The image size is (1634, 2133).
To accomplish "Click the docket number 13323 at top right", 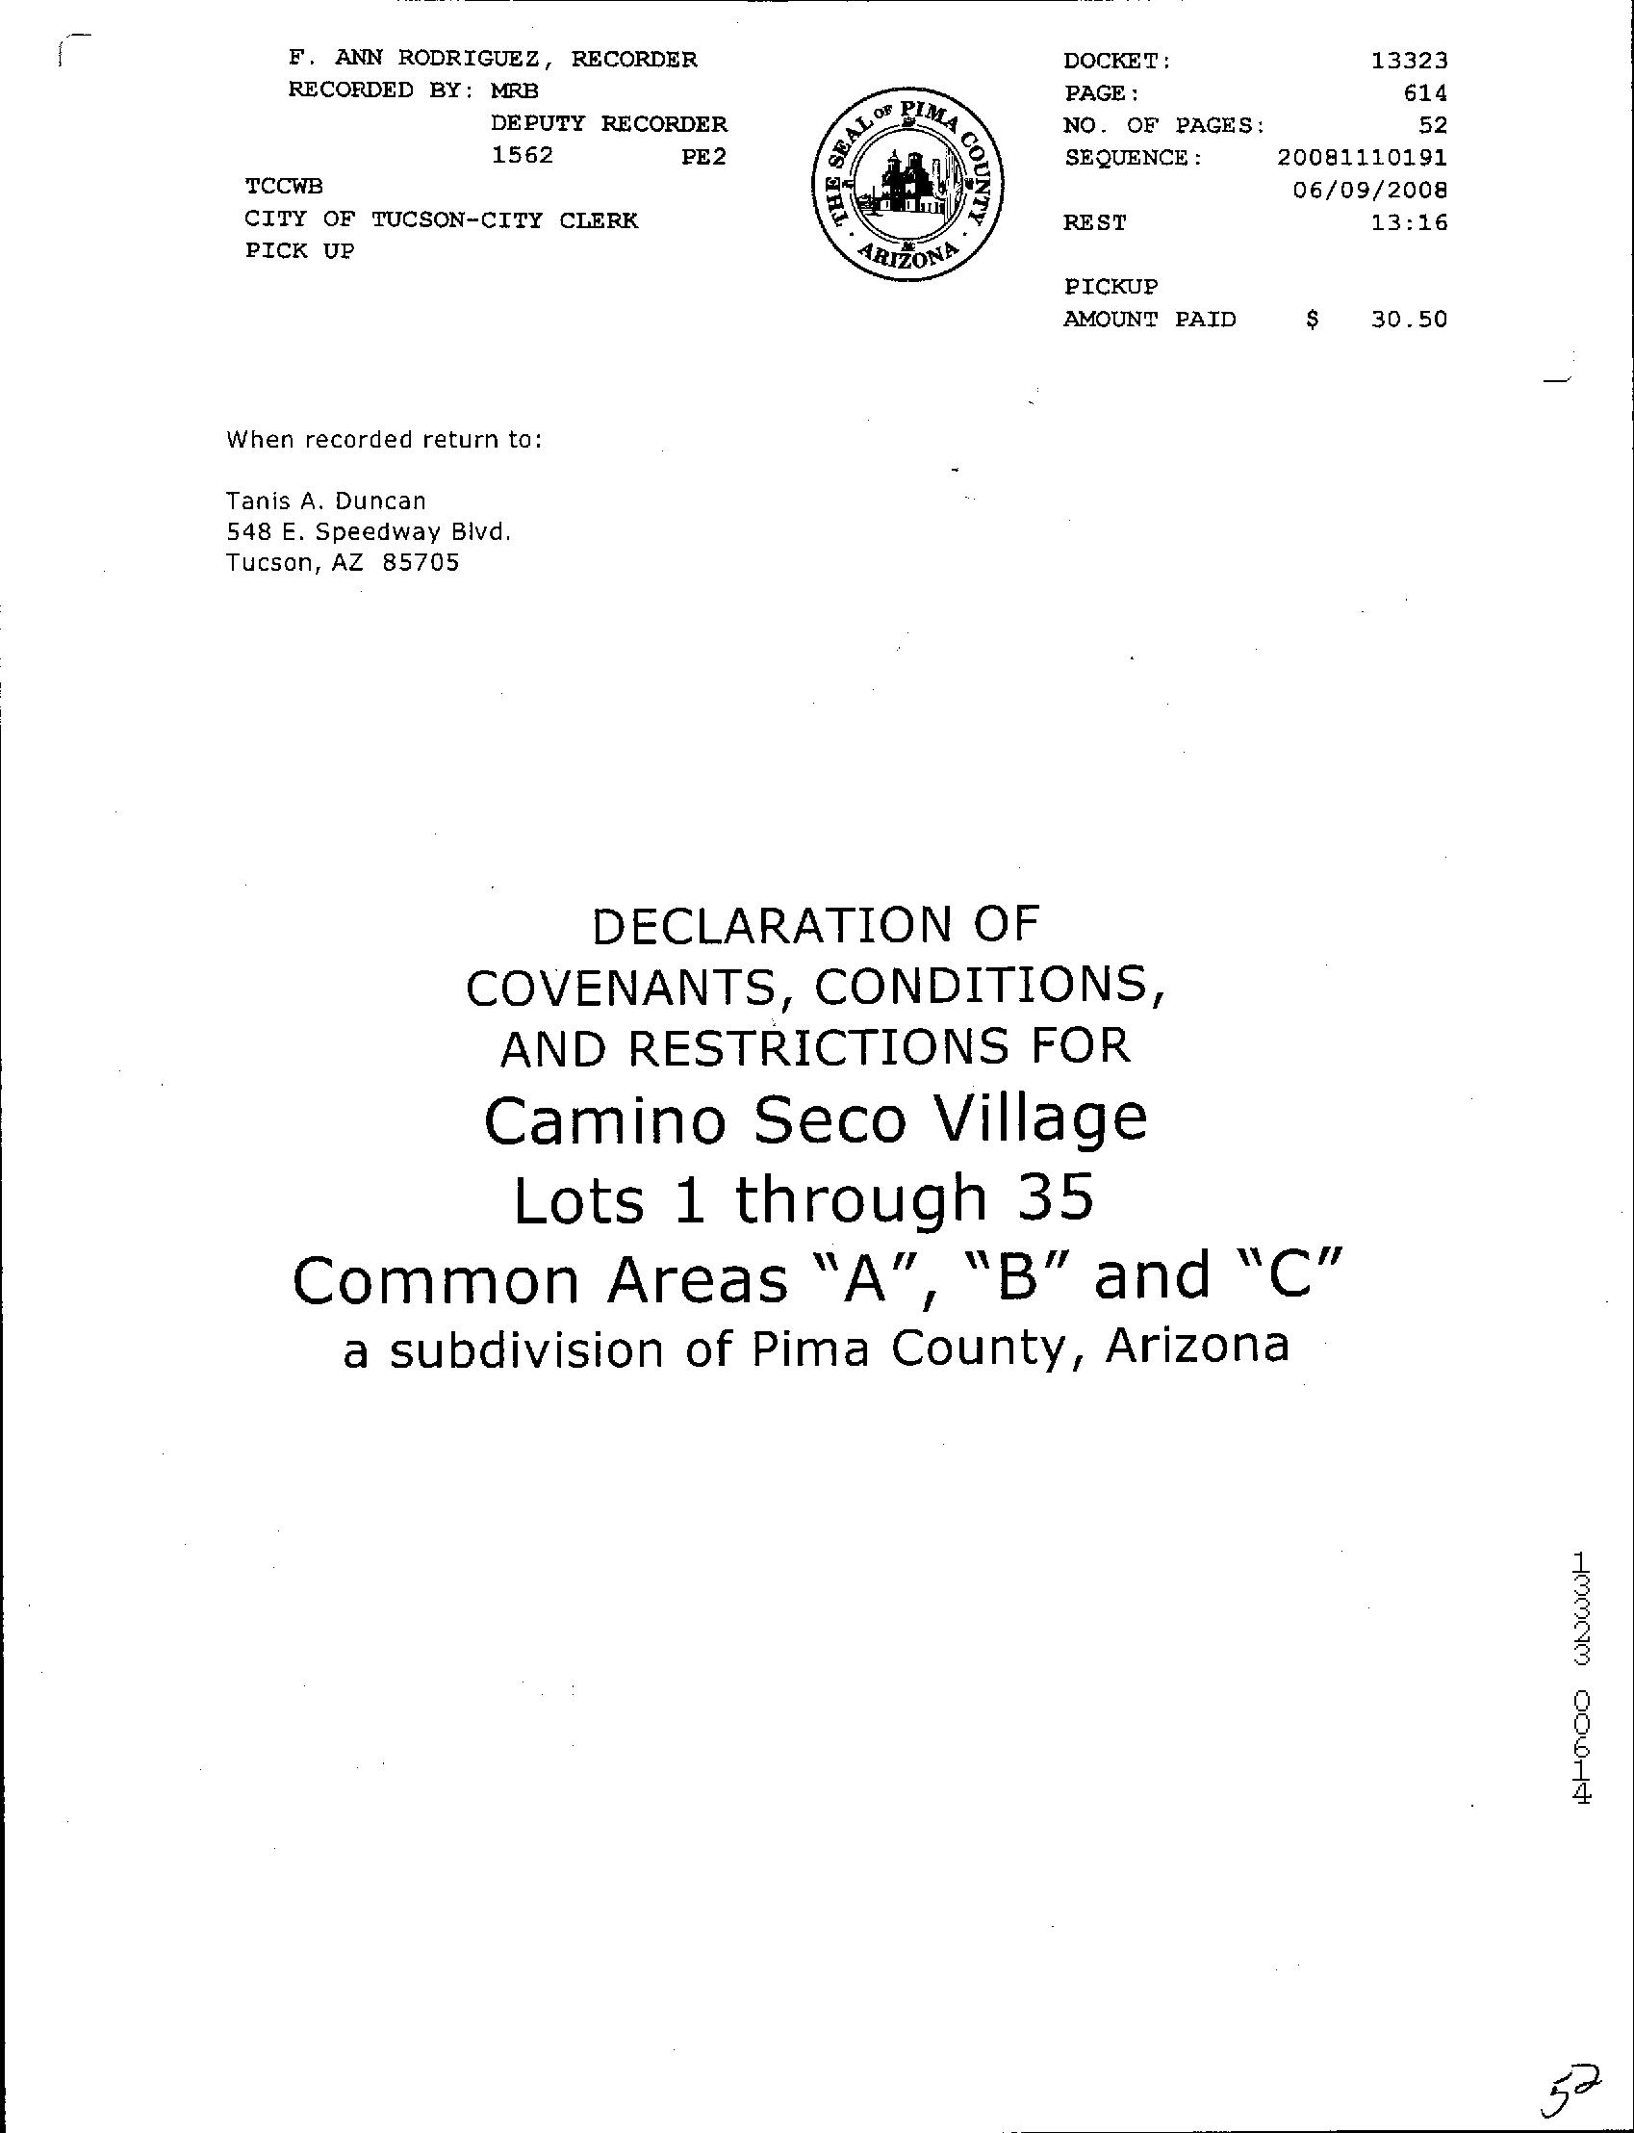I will coord(1409,61).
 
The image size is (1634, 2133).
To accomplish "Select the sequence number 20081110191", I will coord(1362,158).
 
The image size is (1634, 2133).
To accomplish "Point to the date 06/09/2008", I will coord(1369,190).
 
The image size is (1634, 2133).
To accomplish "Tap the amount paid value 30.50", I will coord(1409,319).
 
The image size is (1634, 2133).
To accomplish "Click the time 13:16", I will coord(1409,222).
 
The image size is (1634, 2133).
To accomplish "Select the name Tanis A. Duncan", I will coord(326,501).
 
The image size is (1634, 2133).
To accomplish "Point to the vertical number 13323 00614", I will coord(1581,1678).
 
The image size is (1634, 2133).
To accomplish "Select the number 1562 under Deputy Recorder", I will coord(523,156).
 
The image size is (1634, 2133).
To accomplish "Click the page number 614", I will coord(1425,93).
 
